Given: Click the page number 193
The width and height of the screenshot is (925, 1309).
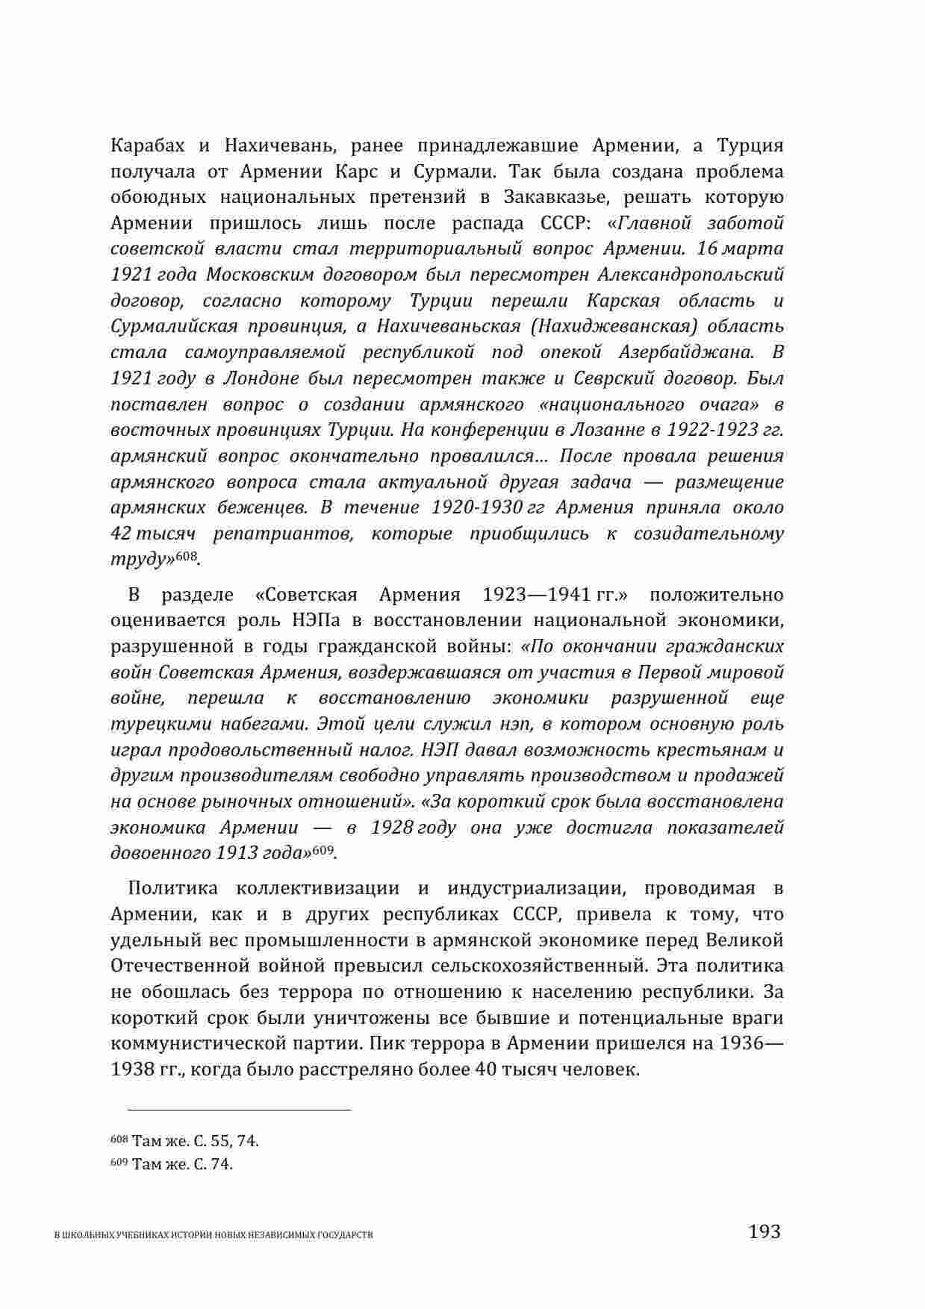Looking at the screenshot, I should (x=764, y=1231).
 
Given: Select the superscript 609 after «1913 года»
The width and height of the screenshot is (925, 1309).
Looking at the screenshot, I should (x=323, y=849).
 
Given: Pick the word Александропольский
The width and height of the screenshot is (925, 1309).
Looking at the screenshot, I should (x=691, y=275).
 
